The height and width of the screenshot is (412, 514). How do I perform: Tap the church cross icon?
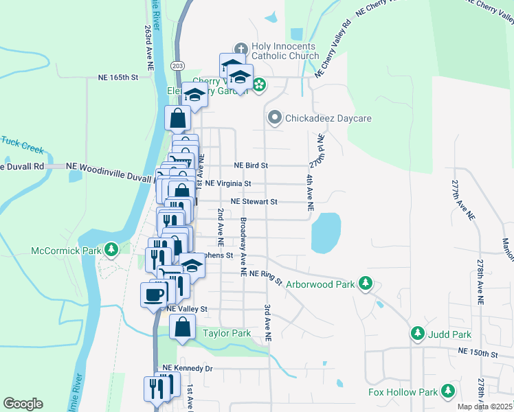(240, 49)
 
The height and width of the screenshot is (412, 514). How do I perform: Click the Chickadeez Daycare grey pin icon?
(274, 118)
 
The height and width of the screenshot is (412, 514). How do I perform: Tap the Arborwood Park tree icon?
(366, 283)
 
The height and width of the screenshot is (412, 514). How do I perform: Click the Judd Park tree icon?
(417, 334)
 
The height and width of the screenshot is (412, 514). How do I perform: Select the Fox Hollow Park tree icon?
(448, 391)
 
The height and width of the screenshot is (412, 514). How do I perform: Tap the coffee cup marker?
(154, 295)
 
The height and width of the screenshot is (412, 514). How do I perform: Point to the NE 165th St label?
(118, 78)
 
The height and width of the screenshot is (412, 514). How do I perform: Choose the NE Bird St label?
(251, 165)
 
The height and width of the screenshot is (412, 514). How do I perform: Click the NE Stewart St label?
(254, 202)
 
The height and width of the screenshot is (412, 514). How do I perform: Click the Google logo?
(23, 404)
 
